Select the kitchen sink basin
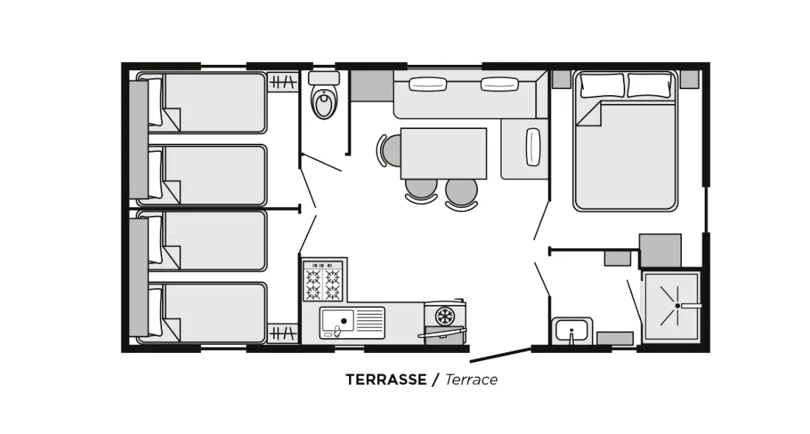[x=337, y=321]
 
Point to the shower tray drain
[x=677, y=305]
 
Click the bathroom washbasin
[x=572, y=330]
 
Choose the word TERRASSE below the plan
[x=386, y=379]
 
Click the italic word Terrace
[x=471, y=379]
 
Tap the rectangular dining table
[x=443, y=153]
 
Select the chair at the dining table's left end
[x=389, y=150]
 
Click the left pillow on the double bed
[x=602, y=85]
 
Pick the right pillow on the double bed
[x=650, y=85]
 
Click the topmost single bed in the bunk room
[x=202, y=103]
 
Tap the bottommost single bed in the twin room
[x=202, y=312]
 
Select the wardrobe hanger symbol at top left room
[x=283, y=82]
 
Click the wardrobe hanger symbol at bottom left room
[x=283, y=333]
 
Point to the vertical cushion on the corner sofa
[x=532, y=147]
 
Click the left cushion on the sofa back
[x=428, y=84]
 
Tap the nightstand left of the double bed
[x=562, y=80]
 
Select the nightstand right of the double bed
[x=689, y=80]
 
